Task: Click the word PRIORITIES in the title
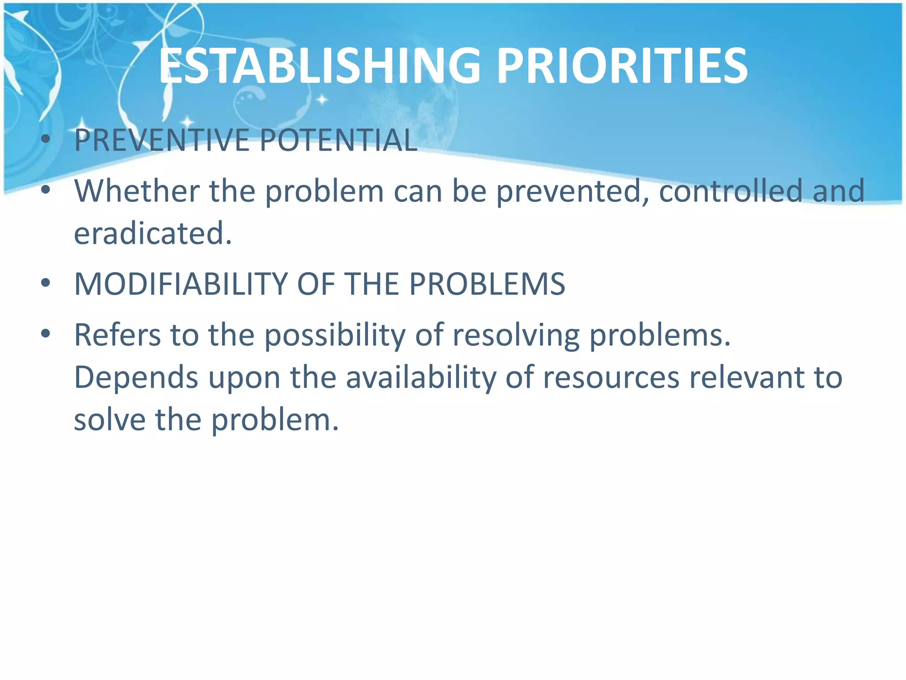[622, 66]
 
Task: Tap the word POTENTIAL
[338, 140]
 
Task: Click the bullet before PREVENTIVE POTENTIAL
[46, 140]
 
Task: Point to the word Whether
[137, 191]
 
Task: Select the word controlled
[730, 191]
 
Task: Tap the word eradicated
[153, 234]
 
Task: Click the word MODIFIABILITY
[181, 284]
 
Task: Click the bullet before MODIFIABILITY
[46, 283]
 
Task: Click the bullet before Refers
[46, 334]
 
